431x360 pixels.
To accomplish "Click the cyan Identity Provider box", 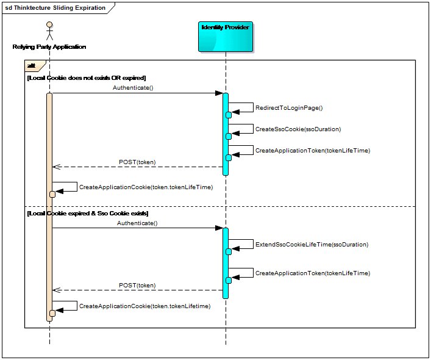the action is [x=226, y=37].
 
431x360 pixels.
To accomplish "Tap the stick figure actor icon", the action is [x=49, y=31].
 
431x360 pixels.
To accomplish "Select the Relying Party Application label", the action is [x=49, y=47].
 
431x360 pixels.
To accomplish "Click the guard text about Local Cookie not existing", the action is [x=87, y=78].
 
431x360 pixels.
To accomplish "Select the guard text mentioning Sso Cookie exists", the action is [x=88, y=214].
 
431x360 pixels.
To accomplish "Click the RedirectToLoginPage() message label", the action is [x=289, y=108].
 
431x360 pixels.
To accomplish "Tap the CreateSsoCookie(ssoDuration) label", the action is [x=298, y=129].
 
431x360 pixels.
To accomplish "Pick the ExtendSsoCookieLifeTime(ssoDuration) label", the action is [x=312, y=245].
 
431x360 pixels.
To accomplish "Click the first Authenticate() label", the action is [x=133, y=88].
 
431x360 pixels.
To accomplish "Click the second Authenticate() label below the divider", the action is [x=137, y=223].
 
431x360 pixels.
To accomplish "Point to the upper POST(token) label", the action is [x=137, y=162].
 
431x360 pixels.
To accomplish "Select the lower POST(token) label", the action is [x=137, y=286].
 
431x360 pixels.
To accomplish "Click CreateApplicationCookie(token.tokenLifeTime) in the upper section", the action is [x=146, y=187].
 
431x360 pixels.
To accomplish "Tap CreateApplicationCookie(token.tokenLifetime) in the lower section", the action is [x=145, y=306].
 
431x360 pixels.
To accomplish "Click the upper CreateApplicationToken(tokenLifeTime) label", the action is [x=313, y=151].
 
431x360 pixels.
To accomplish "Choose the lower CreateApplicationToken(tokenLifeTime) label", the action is [x=313, y=273].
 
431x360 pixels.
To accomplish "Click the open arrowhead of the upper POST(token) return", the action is [x=56, y=167].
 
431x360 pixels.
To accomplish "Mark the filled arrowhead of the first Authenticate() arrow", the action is [x=219, y=93].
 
